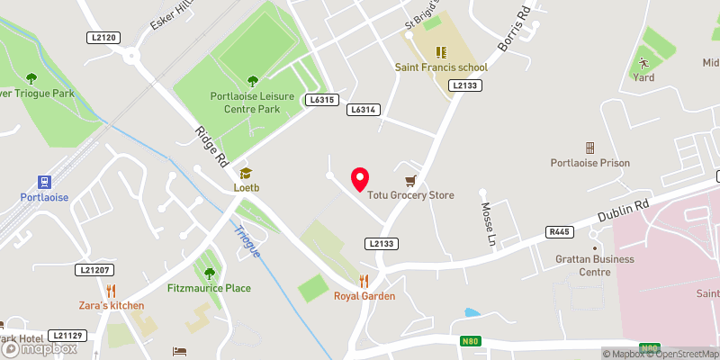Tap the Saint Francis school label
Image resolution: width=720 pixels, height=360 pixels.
[441, 67]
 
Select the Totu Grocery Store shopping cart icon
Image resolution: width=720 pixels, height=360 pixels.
[411, 180]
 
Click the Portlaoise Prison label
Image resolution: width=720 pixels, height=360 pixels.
[590, 163]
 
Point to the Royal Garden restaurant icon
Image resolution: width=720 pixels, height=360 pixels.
[364, 281]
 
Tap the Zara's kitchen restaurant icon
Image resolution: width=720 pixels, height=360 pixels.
[111, 290]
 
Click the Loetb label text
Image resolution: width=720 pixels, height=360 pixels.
[245, 188]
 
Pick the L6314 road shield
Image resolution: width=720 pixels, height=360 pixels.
[363, 109]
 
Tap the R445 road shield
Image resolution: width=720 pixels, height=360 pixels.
[559, 232]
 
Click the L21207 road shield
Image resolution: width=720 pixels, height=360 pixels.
[94, 270]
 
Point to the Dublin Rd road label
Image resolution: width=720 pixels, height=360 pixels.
[623, 212]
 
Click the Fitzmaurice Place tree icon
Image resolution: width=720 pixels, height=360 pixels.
[210, 273]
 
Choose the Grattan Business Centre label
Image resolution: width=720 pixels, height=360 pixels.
[594, 265]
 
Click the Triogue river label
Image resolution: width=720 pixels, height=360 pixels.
[247, 241]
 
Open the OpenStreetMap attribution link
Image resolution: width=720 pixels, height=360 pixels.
[677, 354]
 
